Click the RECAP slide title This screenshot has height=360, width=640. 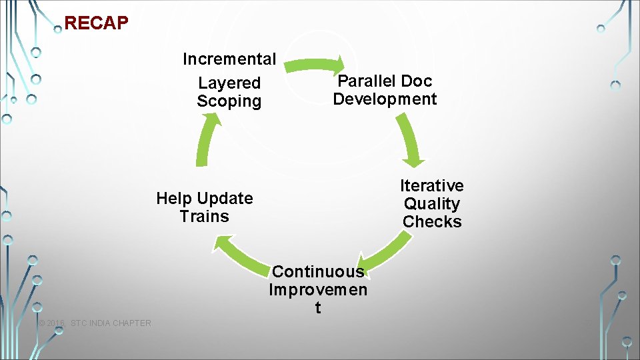tap(96, 23)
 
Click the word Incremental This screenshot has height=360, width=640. tap(229, 59)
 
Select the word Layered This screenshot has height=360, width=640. tap(229, 83)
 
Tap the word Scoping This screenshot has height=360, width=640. tap(229, 101)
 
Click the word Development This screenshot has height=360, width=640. tap(385, 99)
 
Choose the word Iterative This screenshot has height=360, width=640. tap(432, 185)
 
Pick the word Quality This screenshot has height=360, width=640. tap(432, 204)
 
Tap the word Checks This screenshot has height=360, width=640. tap(432, 222)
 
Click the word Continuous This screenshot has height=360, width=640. tap(318, 272)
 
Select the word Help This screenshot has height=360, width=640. tap(173, 199)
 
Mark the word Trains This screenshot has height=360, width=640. tap(204, 217)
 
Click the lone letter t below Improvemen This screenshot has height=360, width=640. tap(317, 308)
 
